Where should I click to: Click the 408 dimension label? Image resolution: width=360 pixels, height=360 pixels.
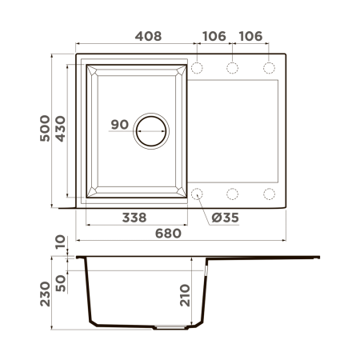pyautogui.click(x=148, y=36)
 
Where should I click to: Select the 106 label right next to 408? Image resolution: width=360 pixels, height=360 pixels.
pyautogui.click(x=212, y=36)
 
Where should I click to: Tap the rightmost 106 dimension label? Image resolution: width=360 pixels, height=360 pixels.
pyautogui.click(x=250, y=36)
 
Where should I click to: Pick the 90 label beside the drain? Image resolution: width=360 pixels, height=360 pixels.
pyautogui.click(x=119, y=124)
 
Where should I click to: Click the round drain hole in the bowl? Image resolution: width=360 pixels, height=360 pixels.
pyautogui.click(x=151, y=130)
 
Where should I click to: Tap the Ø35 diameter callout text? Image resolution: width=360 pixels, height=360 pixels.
pyautogui.click(x=226, y=218)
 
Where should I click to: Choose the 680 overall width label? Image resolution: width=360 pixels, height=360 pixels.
pyautogui.click(x=168, y=234)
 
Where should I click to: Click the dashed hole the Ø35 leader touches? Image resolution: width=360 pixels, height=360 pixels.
pyautogui.click(x=197, y=193)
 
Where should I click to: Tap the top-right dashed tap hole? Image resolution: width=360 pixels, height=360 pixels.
pyautogui.click(x=269, y=66)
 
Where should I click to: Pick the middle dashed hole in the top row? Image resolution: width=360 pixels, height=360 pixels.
pyautogui.click(x=233, y=66)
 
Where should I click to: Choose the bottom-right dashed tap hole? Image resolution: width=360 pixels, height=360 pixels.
pyautogui.click(x=269, y=193)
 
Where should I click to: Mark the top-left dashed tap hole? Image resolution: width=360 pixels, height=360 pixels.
pyautogui.click(x=197, y=66)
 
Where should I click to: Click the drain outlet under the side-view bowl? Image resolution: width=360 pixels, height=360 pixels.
pyautogui.click(x=167, y=327)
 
